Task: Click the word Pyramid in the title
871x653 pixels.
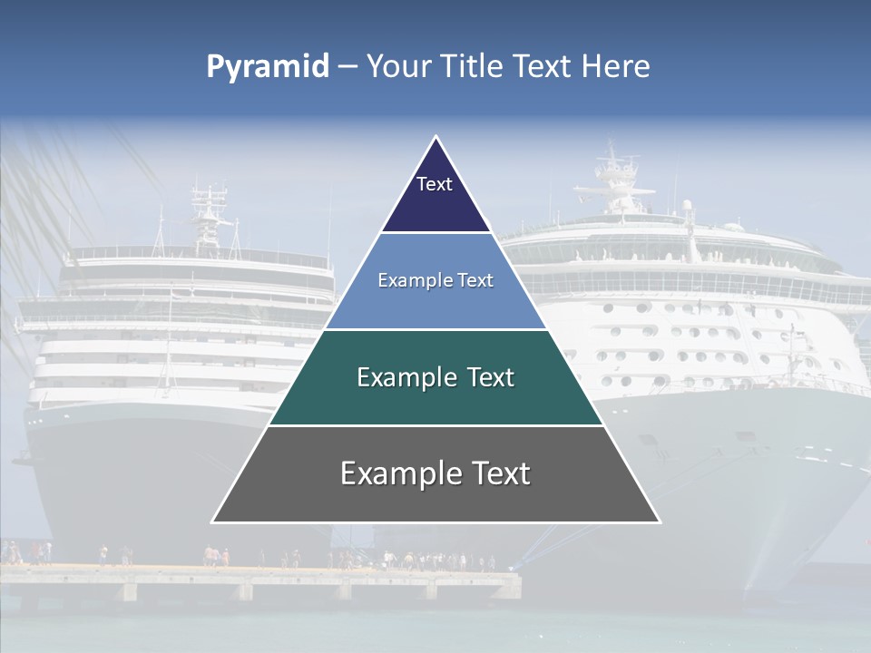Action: tap(267, 67)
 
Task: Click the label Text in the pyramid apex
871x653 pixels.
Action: tap(435, 184)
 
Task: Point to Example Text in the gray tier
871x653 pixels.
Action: tap(435, 473)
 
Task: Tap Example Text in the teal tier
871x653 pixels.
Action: tap(435, 377)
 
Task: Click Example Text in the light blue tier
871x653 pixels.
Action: tap(435, 280)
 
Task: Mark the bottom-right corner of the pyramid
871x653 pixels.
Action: tap(659, 521)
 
